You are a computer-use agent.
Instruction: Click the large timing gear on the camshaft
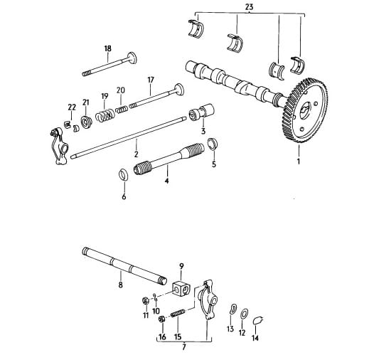pos(305,110)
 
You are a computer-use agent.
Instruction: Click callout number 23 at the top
pos(249,7)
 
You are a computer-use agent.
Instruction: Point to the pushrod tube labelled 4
pos(169,159)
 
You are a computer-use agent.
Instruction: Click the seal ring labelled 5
pos(213,143)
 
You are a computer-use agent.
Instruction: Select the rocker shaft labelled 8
pos(124,265)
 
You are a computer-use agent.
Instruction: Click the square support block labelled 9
pos(181,288)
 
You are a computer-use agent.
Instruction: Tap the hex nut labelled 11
pos(145,301)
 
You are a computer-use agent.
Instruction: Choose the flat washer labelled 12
pos(245,314)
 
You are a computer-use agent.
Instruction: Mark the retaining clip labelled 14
pos(258,320)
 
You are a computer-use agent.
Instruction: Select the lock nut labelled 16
pos(162,319)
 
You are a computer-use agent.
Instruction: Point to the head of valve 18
pos(132,58)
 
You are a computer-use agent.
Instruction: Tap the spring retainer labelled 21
pos(87,122)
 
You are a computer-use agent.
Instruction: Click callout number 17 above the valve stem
pos(151,80)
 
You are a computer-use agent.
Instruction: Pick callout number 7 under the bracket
pos(184,347)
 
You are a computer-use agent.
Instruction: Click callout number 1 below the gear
pos(299,161)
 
